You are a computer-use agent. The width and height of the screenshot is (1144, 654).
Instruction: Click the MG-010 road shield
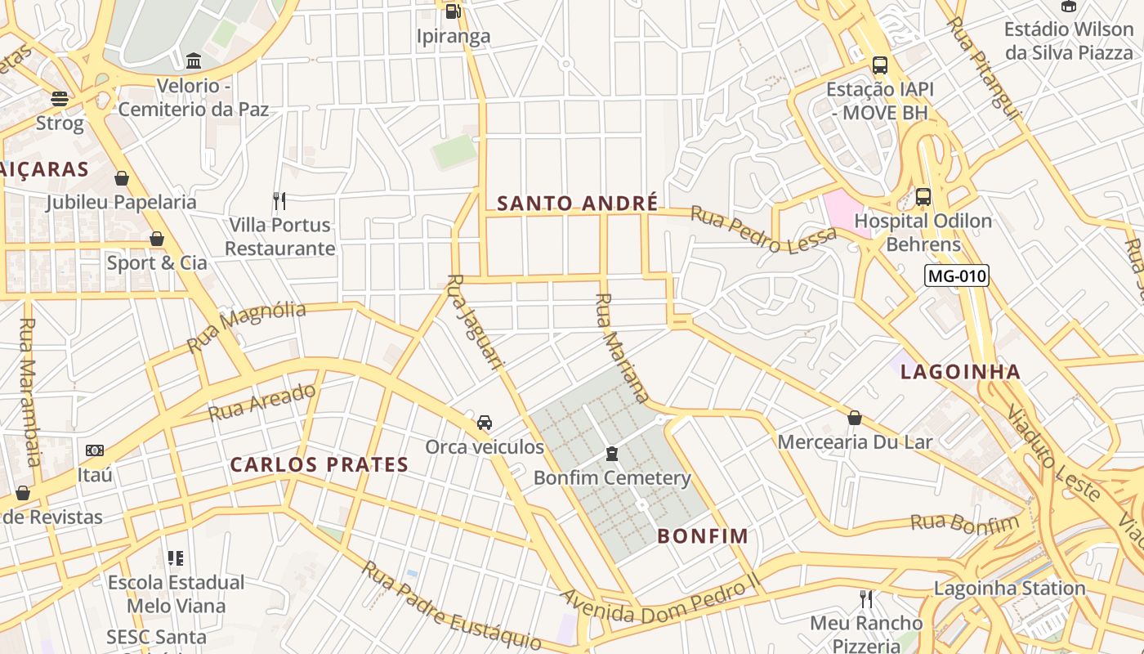(x=956, y=276)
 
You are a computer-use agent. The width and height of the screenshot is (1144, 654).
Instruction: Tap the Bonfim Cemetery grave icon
(x=612, y=454)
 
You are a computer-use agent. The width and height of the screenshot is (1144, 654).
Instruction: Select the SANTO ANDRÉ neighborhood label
(x=577, y=204)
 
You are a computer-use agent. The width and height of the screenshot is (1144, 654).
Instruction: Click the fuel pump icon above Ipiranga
(x=453, y=11)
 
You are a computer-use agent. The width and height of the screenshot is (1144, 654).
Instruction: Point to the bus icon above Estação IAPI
(x=880, y=65)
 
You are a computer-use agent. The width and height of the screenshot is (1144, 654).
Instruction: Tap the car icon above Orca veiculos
(x=485, y=423)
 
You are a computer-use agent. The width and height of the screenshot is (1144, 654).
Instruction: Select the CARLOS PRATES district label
(x=319, y=465)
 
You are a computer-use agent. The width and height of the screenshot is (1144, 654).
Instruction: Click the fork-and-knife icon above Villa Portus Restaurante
(x=279, y=200)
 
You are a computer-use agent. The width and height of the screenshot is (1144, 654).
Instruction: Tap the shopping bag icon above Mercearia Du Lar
(x=855, y=418)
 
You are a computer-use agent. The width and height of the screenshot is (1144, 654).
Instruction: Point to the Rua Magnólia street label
(x=246, y=326)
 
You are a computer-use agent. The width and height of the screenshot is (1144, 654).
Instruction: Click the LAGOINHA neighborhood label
(x=960, y=372)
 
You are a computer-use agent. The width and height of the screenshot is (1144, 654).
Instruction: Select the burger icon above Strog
(x=60, y=99)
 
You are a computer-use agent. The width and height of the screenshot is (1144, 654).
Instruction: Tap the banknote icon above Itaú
(x=95, y=450)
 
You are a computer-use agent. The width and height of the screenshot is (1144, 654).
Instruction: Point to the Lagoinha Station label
(x=1009, y=588)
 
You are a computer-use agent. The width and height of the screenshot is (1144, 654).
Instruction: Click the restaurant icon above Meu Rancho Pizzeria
(x=866, y=599)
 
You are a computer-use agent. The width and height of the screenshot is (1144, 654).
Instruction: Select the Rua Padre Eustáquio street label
(x=451, y=606)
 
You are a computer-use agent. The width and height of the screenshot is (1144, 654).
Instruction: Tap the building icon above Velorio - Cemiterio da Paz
(x=194, y=61)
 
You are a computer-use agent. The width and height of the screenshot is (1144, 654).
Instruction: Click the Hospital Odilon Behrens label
(x=923, y=232)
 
